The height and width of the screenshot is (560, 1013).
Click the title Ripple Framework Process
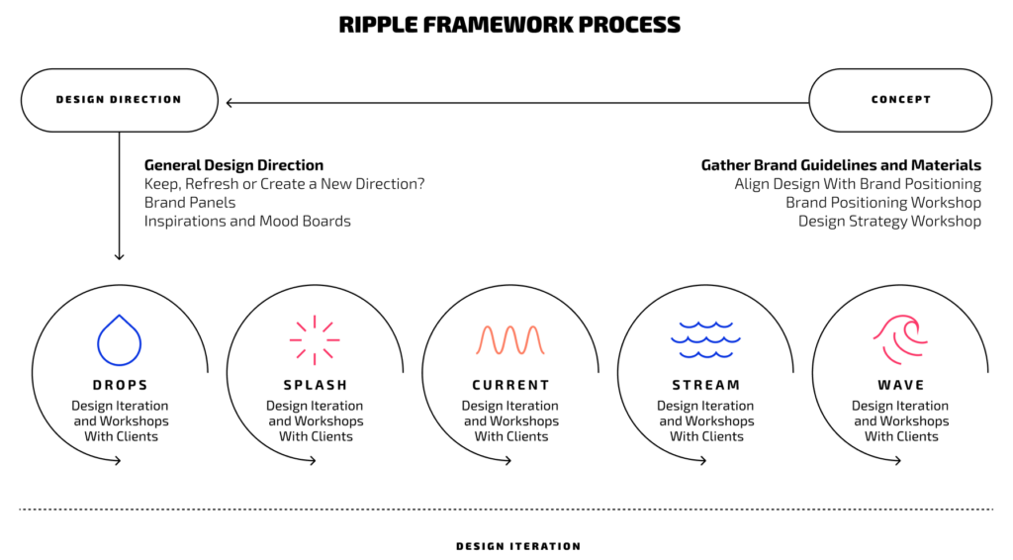click(509, 25)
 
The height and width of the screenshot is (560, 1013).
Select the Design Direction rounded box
click(119, 100)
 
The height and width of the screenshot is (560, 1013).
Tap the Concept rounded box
click(900, 100)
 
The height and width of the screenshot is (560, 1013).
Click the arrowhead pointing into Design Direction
click(230, 102)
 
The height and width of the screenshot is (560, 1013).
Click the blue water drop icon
click(120, 339)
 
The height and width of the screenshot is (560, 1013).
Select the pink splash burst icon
click(315, 339)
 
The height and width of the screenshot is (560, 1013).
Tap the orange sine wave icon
click(509, 339)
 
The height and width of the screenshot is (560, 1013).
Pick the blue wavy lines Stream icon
click(704, 339)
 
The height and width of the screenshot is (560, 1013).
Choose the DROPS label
click(120, 385)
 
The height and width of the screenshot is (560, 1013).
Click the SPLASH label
click(315, 385)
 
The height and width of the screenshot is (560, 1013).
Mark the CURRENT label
click(509, 385)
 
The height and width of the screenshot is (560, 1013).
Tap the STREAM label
click(705, 385)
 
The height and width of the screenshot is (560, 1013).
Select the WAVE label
click(900, 385)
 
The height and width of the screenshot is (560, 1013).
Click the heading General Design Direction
click(233, 165)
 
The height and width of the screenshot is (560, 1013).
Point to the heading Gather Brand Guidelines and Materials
click(841, 165)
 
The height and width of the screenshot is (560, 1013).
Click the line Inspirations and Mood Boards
click(247, 221)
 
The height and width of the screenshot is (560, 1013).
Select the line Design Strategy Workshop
click(889, 221)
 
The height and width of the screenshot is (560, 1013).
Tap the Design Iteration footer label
click(517, 546)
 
